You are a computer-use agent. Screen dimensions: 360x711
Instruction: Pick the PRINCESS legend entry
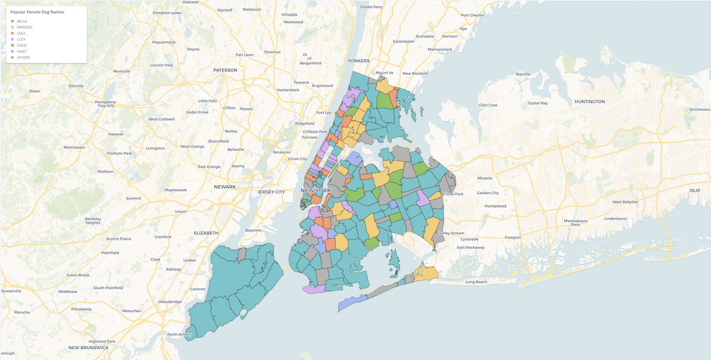point(24,27)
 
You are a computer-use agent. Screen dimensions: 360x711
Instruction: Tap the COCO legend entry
point(21,46)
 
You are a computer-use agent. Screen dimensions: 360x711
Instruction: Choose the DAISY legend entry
point(21,52)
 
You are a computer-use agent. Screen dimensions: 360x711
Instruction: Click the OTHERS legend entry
point(23,57)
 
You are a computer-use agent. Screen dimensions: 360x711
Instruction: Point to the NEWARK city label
point(225,187)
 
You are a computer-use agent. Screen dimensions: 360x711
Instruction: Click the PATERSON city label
point(225,70)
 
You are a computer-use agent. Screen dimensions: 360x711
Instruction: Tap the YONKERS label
point(358,61)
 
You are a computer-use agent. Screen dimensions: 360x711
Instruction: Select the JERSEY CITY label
point(271,192)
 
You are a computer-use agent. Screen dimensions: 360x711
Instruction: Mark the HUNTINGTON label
point(589,102)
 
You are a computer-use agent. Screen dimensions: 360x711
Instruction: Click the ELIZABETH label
point(206,233)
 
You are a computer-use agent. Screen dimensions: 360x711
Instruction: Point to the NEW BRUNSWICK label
point(89,348)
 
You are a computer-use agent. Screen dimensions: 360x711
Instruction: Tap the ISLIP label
point(694,191)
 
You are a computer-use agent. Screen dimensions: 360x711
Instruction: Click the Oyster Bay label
point(538,103)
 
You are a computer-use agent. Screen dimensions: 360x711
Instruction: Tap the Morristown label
point(74,147)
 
